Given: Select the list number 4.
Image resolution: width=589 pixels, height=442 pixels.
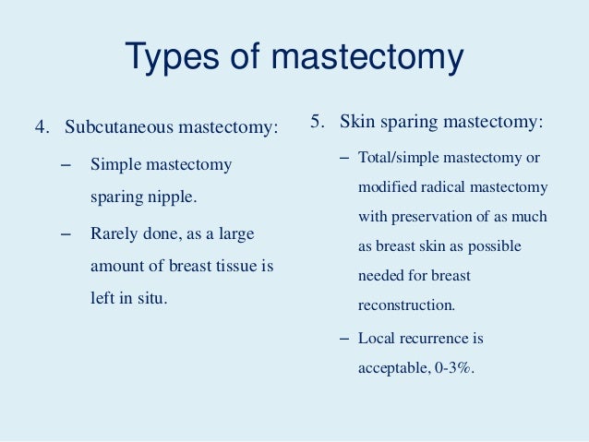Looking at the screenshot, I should click(x=40, y=126).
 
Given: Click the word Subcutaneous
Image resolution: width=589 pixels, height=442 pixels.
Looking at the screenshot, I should click(x=116, y=126).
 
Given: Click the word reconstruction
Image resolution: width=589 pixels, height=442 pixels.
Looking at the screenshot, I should click(x=406, y=304).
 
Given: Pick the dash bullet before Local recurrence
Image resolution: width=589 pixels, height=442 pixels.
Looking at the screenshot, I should click(x=344, y=338).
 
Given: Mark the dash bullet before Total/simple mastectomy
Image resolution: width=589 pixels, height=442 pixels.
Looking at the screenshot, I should click(x=344, y=158).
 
